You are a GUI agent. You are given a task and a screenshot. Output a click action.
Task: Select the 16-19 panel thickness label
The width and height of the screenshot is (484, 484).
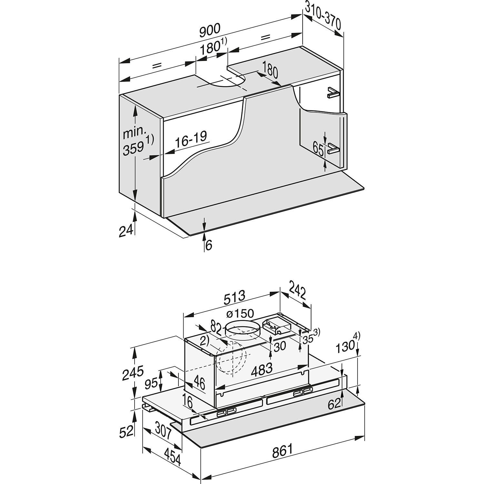pyautogui.click(x=191, y=139)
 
